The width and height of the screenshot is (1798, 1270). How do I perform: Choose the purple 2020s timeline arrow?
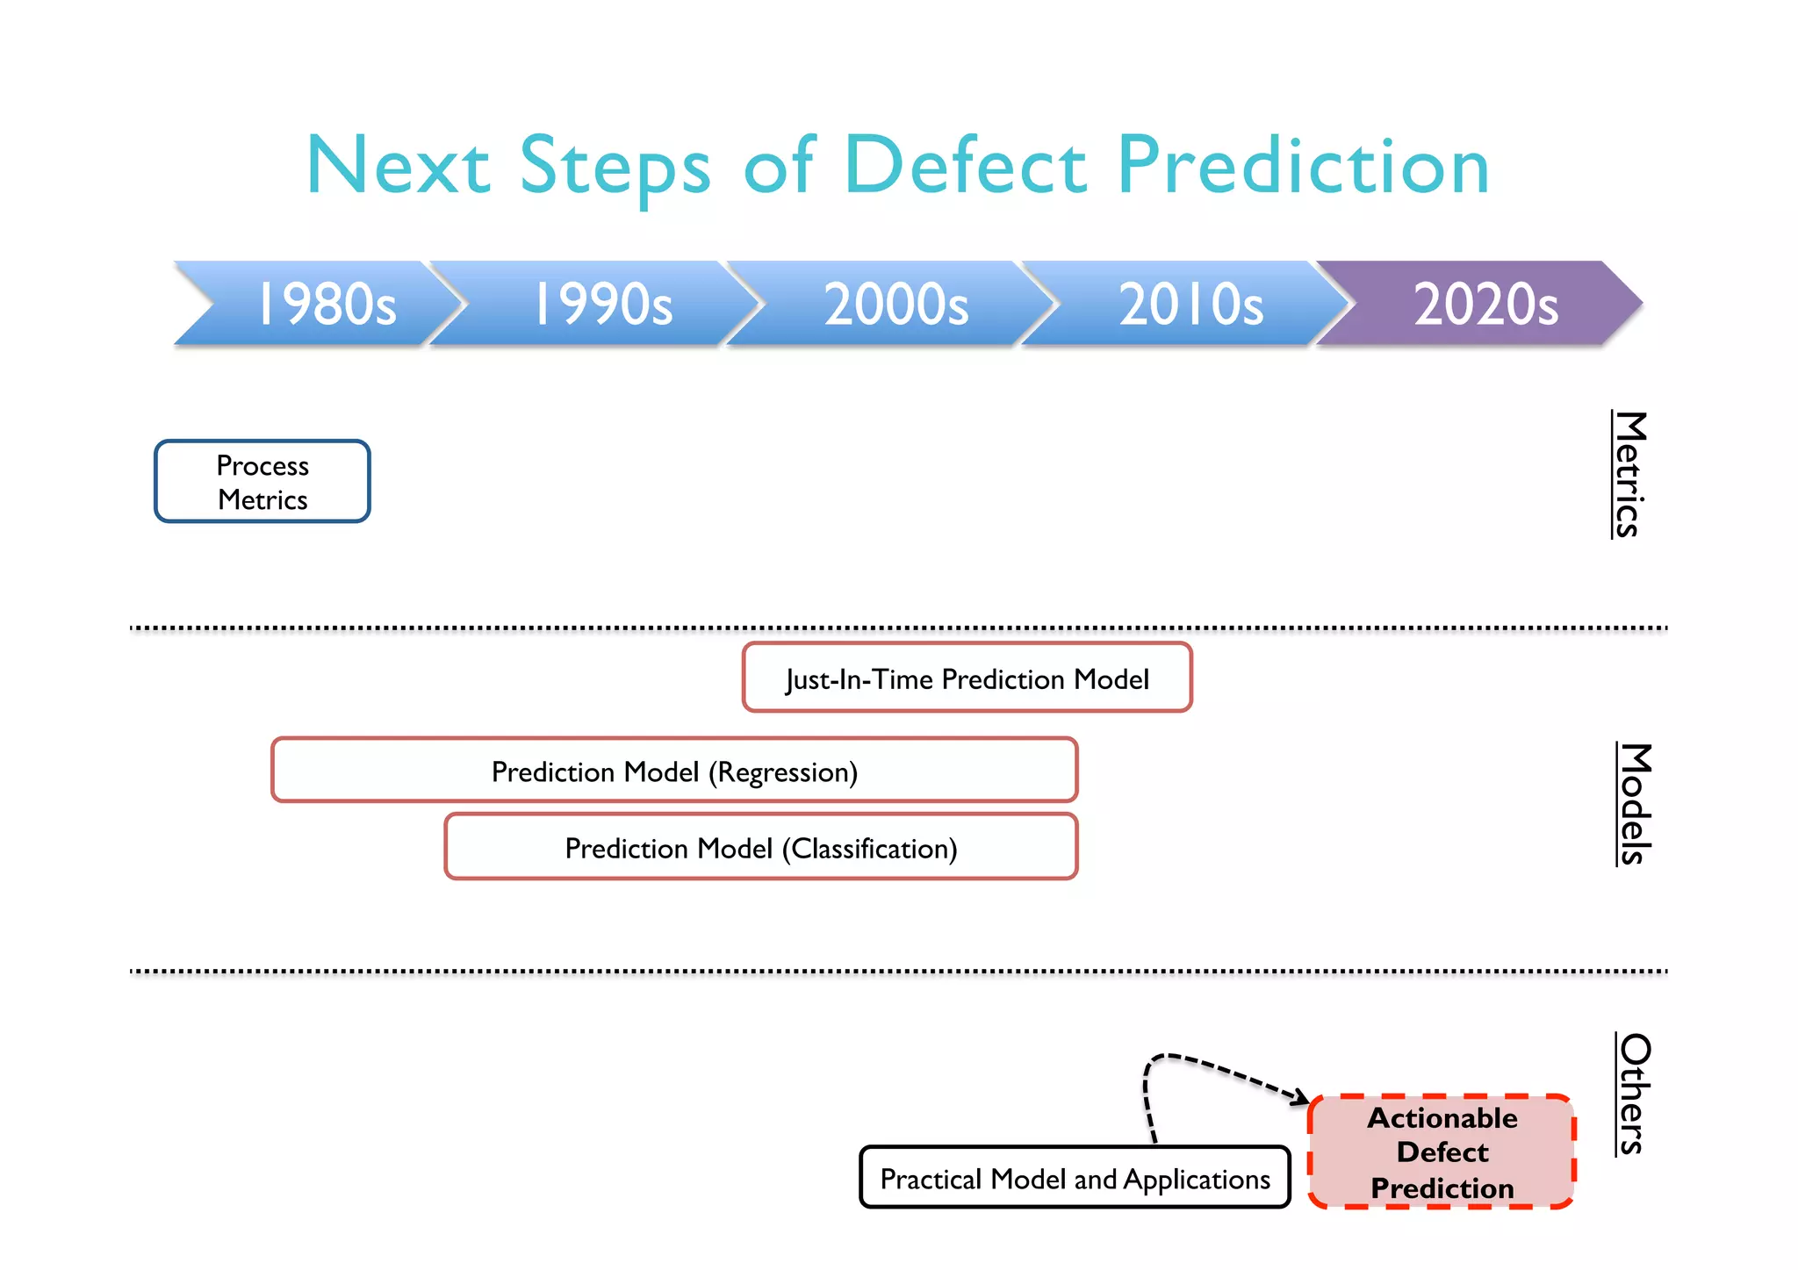[1484, 304]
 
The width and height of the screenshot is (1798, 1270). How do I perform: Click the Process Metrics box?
[263, 482]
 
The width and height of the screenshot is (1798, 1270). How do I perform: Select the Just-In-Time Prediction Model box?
[967, 678]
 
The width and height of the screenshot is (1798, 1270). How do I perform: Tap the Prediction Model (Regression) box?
[674, 771]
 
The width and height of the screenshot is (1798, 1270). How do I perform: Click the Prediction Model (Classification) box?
[760, 847]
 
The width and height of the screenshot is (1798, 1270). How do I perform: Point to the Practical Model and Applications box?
[1075, 1178]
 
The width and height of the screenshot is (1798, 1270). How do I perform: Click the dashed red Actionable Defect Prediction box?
[1442, 1152]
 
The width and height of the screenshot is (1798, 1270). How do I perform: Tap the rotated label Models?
[1635, 804]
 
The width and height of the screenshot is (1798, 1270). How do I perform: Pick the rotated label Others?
[1634, 1094]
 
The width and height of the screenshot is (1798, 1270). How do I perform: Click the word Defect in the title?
[965, 166]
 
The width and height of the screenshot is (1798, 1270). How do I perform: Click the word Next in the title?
[398, 166]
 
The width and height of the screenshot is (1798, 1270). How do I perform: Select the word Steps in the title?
[615, 166]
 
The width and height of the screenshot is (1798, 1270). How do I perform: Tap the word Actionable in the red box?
[1442, 1118]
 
